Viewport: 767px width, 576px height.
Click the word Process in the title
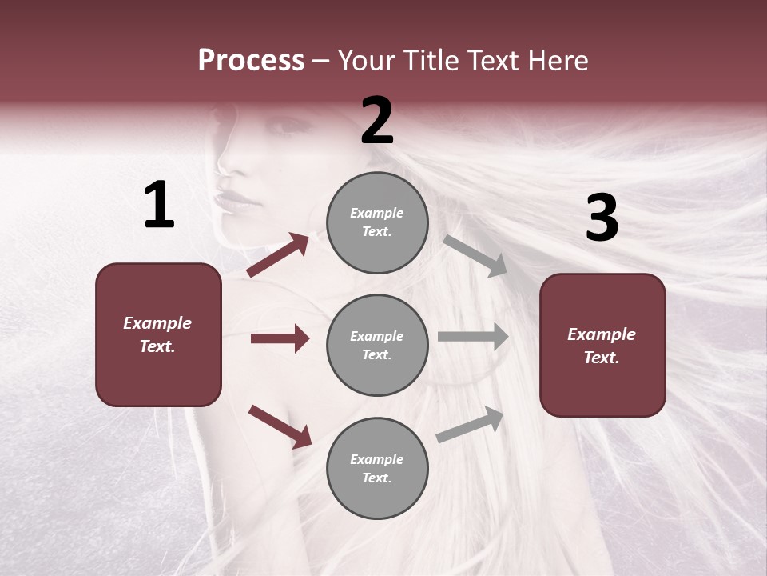point(251,61)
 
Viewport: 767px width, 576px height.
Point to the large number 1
point(159,206)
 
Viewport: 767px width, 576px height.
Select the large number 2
point(377,121)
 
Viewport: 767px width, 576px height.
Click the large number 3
point(602,218)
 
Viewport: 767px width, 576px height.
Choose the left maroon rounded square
point(158,334)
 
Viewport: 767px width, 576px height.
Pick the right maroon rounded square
point(602,346)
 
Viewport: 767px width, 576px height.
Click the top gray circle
point(377,222)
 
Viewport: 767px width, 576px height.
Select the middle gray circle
point(377,346)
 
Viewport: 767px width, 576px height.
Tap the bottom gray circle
point(377,469)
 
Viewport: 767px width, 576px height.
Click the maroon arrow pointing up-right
point(278,255)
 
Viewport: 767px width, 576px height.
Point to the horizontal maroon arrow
point(280,338)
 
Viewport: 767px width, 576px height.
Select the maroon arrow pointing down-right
point(280,426)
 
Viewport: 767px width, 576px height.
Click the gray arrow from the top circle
point(475,255)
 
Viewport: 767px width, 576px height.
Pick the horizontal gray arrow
point(473,337)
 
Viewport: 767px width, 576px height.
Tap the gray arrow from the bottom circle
point(471,425)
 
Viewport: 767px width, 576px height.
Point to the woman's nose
point(227,164)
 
